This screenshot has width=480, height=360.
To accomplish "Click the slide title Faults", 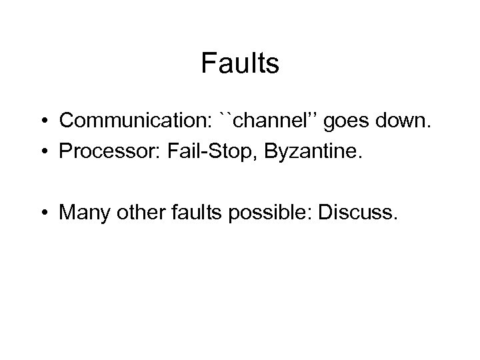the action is [239, 65].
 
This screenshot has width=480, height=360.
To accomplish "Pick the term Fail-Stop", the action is [189, 154].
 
